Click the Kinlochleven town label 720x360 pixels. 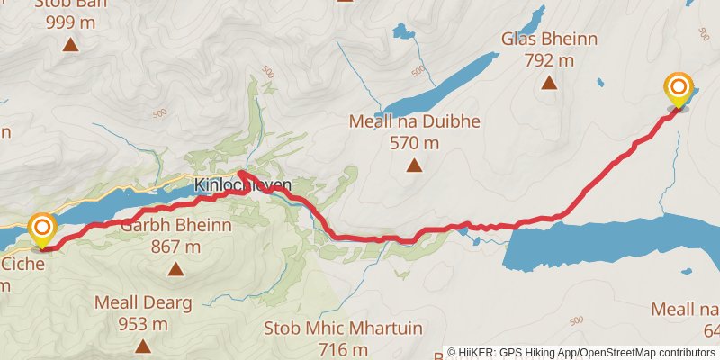coord(243,186)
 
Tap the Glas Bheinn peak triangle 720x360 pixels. coord(549,84)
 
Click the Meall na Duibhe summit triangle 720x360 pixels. coord(414,165)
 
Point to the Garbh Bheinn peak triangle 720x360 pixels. coord(175,268)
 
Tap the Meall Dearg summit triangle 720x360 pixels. coord(142,346)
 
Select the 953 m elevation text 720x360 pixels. coord(143,324)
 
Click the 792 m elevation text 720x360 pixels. coord(549,60)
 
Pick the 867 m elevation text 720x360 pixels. coord(175,247)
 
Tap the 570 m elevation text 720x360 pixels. coord(414,143)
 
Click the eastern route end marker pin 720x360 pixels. coord(678,91)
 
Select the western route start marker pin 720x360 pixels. coord(42,230)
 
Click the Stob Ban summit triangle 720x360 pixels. coord(70,43)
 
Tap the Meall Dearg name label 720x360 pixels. coord(143,303)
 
